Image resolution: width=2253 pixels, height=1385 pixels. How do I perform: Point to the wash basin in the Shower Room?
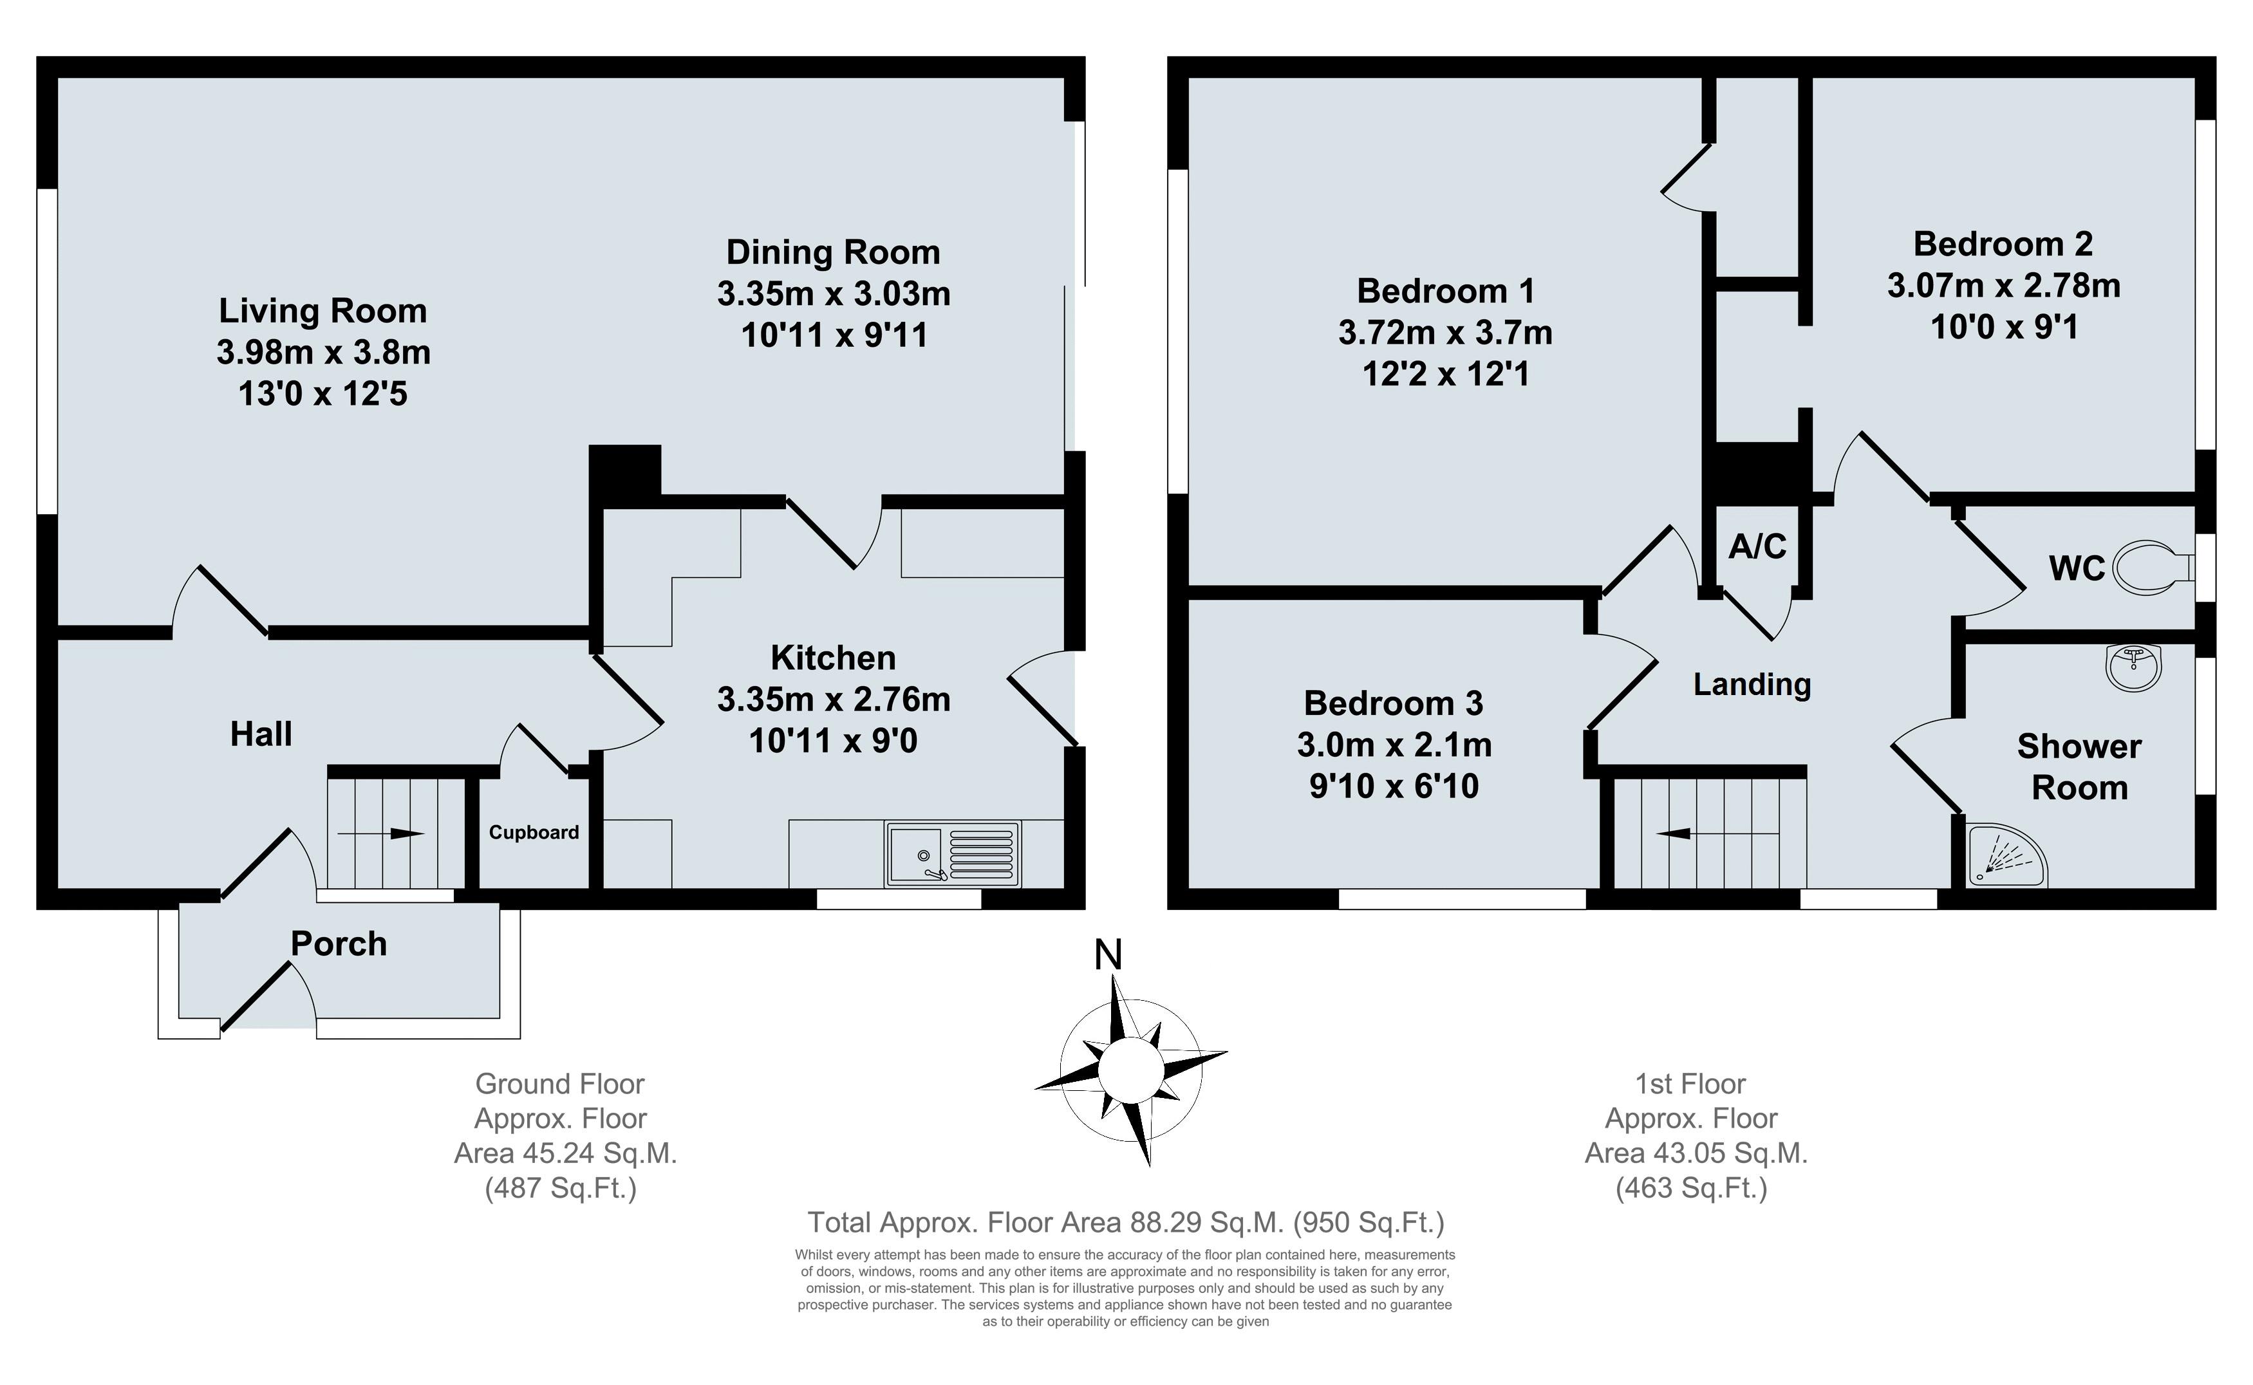(2134, 666)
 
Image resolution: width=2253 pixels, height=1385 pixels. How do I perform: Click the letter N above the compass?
(1108, 955)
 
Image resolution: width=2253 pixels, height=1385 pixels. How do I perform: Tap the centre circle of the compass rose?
(1130, 1069)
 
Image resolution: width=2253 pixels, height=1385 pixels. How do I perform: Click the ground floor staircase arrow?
(381, 833)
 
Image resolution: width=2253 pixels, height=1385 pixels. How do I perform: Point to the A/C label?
(1757, 547)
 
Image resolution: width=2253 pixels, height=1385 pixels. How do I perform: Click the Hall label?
(261, 734)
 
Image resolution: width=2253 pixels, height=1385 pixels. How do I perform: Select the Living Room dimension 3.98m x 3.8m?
(323, 353)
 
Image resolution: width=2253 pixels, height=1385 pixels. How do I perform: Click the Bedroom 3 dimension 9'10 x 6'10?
(1394, 786)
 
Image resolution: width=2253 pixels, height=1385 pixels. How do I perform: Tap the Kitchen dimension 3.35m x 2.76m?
(834, 700)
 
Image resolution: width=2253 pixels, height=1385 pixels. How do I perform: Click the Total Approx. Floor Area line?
(1125, 1223)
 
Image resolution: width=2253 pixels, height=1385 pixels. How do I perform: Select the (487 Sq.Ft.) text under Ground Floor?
(561, 1188)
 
